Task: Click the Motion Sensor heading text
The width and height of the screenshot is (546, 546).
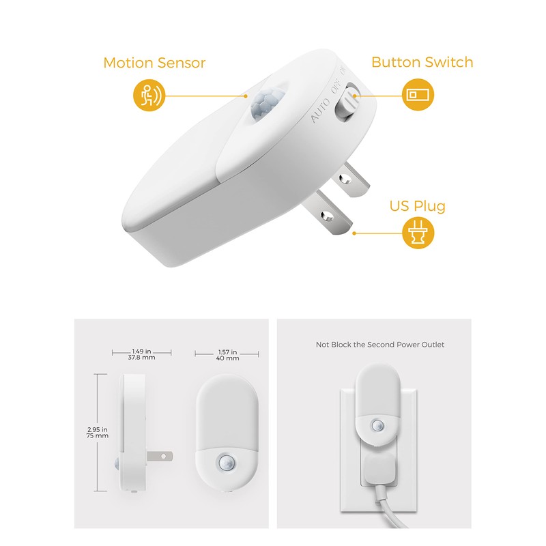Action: point(154,63)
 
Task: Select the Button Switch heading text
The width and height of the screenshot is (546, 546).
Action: point(422,62)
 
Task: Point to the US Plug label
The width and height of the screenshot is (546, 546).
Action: point(417,205)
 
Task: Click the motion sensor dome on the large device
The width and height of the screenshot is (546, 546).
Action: point(262,104)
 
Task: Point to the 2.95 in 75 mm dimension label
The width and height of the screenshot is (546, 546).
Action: point(98,431)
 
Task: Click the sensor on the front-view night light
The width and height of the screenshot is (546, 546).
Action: point(227,462)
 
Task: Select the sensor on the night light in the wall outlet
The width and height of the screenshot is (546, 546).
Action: point(377,425)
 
